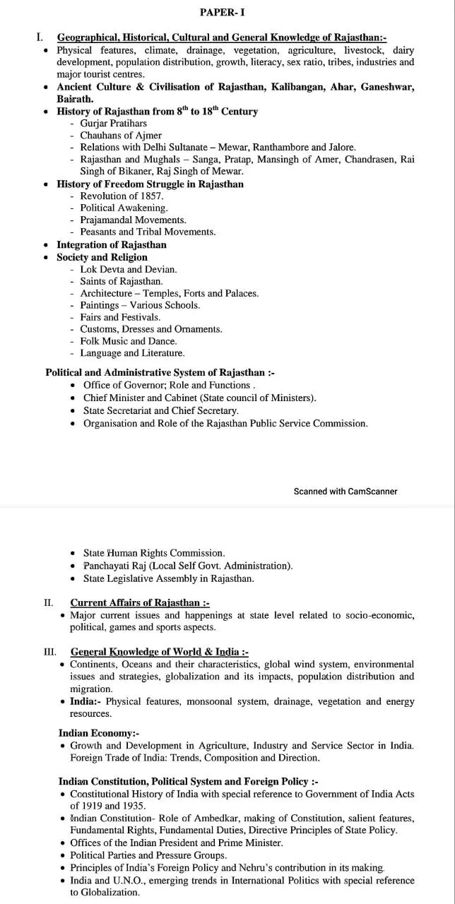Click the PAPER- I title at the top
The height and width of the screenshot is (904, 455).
(x=223, y=13)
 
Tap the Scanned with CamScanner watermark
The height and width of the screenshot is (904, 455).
(x=345, y=491)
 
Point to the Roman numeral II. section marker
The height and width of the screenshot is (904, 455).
(x=48, y=602)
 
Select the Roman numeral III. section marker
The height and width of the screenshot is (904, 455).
(x=49, y=652)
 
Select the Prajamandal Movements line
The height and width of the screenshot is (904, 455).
(x=133, y=220)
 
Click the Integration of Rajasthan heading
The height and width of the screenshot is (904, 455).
(x=112, y=244)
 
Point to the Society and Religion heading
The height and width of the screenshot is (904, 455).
(x=102, y=257)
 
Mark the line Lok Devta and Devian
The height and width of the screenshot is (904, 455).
(x=128, y=269)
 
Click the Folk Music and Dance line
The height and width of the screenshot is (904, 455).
(x=128, y=341)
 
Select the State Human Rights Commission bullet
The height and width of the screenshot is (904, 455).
(x=153, y=553)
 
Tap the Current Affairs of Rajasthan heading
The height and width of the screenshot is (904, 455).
(x=139, y=602)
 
